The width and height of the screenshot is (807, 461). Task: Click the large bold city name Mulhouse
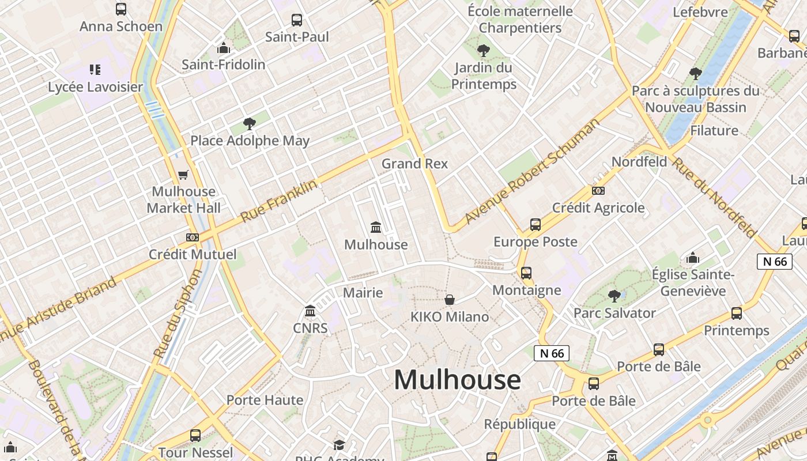457,380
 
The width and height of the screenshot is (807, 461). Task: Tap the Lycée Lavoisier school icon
95,70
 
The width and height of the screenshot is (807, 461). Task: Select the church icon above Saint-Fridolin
223,48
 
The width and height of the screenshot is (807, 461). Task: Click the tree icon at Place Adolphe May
249,123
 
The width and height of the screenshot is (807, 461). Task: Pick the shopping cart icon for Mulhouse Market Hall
183,175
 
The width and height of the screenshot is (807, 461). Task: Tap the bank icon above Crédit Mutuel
193,237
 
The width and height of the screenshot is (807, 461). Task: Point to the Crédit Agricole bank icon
598,191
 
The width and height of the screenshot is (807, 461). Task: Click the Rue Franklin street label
278,201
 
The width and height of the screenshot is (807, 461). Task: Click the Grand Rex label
414,164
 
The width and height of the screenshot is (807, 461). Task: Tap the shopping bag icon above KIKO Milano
450,300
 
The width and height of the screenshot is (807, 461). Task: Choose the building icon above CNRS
310,311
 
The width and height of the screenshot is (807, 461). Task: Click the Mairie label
363,293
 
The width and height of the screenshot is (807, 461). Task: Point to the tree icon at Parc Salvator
614,296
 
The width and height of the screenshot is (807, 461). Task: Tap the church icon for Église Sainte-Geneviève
692,258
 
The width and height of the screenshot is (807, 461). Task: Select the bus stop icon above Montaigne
526,273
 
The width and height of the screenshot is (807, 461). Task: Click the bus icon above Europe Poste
536,225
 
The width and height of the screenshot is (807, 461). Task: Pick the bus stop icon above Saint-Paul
297,20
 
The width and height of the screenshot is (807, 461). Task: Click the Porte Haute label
265,400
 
